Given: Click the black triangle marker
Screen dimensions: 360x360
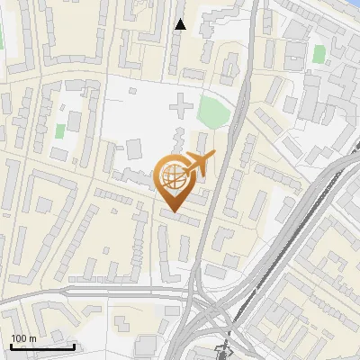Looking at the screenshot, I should click(181, 24).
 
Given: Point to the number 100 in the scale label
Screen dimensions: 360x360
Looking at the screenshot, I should click(19, 338).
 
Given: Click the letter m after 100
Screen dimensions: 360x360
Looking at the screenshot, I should click(32, 338).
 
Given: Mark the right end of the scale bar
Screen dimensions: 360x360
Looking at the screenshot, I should click(75, 346).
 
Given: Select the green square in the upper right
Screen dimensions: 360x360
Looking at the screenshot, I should click(318, 54).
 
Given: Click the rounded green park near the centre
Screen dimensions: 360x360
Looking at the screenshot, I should click(212, 112).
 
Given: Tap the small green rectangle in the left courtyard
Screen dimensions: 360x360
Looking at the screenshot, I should click(60, 130).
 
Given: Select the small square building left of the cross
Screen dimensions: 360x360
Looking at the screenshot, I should click(134, 148).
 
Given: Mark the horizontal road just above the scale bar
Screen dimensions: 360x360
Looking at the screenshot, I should click(54, 293).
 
